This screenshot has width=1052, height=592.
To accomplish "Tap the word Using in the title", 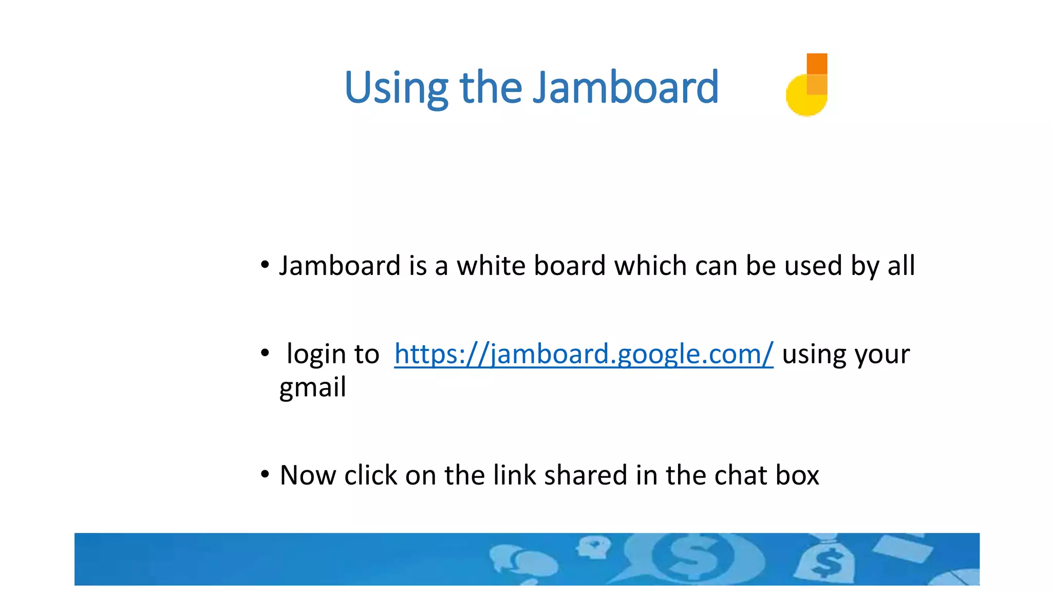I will (396, 88).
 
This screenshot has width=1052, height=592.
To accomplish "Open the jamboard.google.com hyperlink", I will (584, 354).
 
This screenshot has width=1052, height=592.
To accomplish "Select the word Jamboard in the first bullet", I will (340, 266).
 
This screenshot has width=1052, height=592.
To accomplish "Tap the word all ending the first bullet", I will (901, 266).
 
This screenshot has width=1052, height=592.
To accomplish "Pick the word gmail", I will (312, 387).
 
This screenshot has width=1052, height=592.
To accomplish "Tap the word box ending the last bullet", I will (797, 475).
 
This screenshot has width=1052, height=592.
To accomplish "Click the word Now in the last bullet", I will (308, 475).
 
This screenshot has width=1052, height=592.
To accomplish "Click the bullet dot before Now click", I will (265, 474).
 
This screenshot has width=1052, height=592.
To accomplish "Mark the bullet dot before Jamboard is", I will (265, 265).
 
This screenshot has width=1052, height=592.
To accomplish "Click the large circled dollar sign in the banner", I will (693, 558).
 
